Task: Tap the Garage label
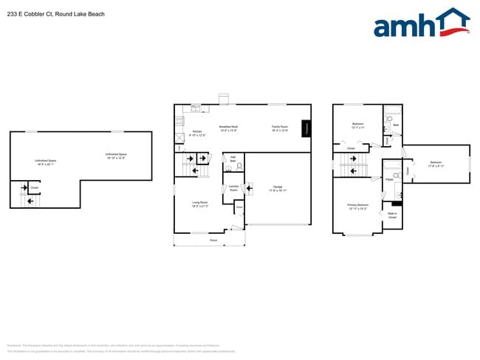tap(277, 188)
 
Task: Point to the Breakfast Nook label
tap(229, 128)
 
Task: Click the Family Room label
tap(279, 128)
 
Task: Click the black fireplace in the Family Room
tap(306, 129)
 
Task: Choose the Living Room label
tap(199, 204)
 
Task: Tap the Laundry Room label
tap(233, 188)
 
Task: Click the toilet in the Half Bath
tap(239, 167)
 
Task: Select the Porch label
tap(213, 240)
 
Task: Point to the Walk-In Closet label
tap(392, 216)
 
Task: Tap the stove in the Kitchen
tap(179, 120)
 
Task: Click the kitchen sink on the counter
tap(196, 109)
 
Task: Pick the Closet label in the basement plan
tap(34, 188)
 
